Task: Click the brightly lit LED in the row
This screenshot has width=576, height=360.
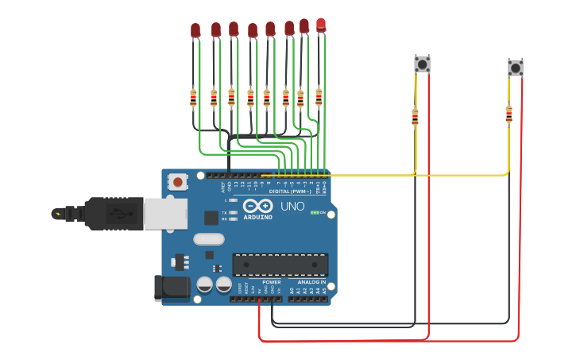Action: click(321, 25)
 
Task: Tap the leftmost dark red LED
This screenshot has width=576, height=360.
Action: click(195, 31)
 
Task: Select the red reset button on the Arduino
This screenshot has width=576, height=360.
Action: click(178, 182)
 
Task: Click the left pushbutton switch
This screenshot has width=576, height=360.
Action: click(422, 64)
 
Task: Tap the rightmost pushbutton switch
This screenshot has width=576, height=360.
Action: click(516, 68)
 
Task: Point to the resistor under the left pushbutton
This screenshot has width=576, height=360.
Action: click(414, 118)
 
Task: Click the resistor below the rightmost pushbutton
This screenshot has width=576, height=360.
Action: click(508, 115)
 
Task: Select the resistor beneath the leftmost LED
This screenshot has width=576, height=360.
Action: click(193, 99)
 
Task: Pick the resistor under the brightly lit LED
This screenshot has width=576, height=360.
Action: click(319, 97)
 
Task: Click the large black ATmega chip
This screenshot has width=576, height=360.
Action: click(280, 265)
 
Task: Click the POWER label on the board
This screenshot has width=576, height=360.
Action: click(272, 281)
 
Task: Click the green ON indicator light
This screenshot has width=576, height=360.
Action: click(315, 212)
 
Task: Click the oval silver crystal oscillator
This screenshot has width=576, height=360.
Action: click(208, 238)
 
